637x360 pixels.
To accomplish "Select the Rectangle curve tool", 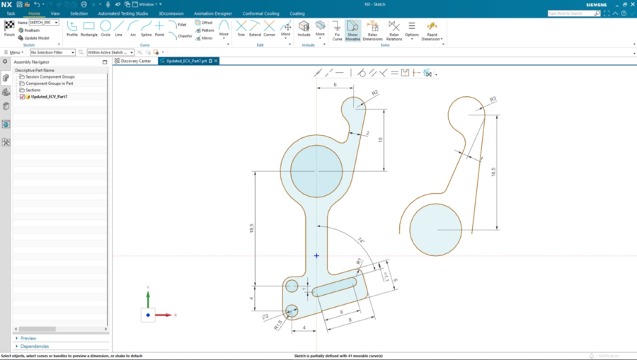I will [89, 28].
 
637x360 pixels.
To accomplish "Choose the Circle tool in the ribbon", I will [105, 28].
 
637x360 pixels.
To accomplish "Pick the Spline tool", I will [146, 28].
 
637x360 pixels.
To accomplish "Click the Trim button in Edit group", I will [241, 28].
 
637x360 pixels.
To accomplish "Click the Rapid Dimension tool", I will [431, 30].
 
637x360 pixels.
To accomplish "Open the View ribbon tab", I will [55, 13].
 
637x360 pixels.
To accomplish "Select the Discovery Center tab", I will [135, 62].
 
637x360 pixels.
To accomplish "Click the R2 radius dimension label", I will [374, 93].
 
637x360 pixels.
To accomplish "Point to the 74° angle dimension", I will [360, 240].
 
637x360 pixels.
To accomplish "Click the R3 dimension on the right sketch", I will [493, 99].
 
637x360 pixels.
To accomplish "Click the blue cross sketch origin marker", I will [316, 256].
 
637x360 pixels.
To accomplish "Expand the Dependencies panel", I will [35, 347].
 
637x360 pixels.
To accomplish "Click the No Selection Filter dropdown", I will [53, 52].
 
